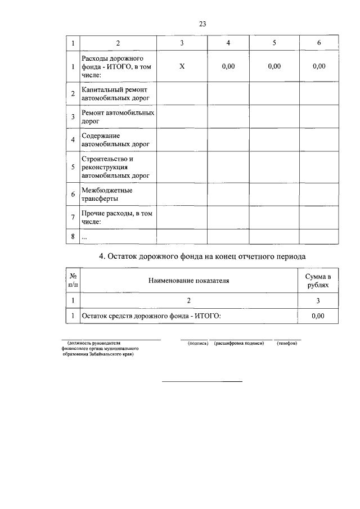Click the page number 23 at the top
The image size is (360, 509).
pyautogui.click(x=202, y=23)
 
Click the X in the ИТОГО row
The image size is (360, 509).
pyautogui.click(x=182, y=66)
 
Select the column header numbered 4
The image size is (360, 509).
pyautogui.click(x=228, y=43)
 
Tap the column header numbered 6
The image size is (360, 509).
pyautogui.click(x=318, y=43)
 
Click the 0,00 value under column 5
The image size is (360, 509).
pyautogui.click(x=274, y=66)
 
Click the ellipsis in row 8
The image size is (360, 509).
pyautogui.click(x=84, y=237)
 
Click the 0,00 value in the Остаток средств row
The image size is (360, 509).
pyautogui.click(x=318, y=316)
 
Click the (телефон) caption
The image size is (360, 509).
pyautogui.click(x=287, y=343)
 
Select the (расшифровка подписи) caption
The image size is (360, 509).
pyautogui.click(x=239, y=343)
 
